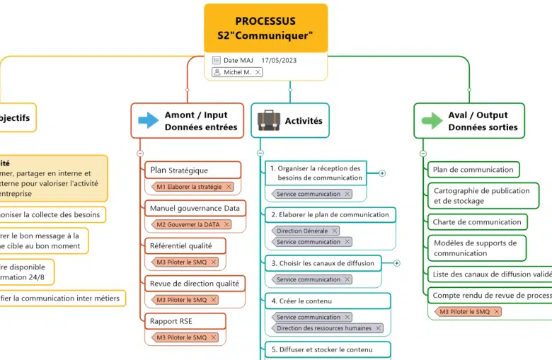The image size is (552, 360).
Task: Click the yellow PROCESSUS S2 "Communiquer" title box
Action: coord(265,28)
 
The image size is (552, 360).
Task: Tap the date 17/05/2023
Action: coord(279,61)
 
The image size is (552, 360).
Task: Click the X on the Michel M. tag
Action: coord(258,72)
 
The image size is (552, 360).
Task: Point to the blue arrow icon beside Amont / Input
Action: coord(149,120)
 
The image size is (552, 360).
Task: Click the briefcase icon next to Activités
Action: coord(268,121)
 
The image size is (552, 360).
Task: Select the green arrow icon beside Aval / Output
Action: coord(432,120)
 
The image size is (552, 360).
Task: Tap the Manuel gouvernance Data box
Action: coord(195,208)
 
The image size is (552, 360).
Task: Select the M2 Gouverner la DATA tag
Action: coord(188,224)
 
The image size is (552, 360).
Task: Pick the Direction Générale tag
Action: coord(302,231)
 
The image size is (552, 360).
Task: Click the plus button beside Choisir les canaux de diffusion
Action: coord(396,263)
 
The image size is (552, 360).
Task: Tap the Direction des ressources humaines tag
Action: coord(324,328)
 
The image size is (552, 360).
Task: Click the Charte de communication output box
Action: coord(477,221)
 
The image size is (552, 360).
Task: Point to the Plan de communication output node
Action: coord(473,170)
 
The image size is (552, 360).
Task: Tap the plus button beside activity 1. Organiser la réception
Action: coord(382,173)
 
